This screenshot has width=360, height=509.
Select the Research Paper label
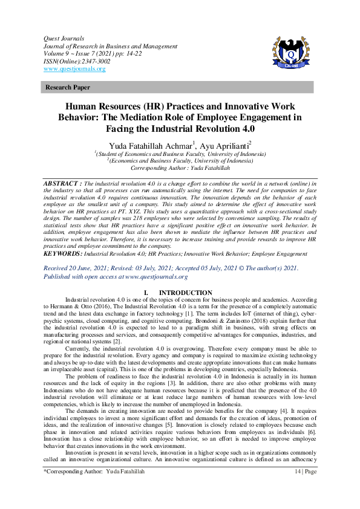pyautogui.click(x=68, y=88)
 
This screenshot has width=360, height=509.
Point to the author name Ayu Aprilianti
pyautogui.click(x=220, y=146)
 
